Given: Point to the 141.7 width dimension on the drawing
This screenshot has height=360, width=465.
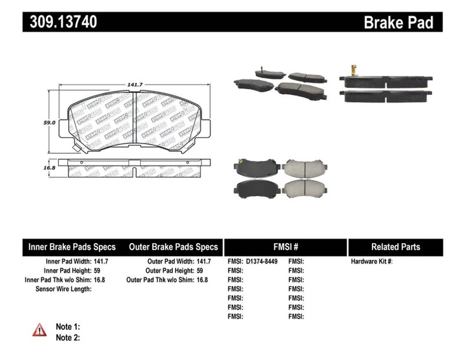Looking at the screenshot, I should [x=134, y=83].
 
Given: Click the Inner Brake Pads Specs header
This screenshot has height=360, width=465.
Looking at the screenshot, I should [x=72, y=247].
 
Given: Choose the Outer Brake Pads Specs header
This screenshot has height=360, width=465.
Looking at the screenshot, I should [x=174, y=247].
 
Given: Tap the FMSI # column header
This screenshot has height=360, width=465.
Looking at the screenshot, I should [x=285, y=247].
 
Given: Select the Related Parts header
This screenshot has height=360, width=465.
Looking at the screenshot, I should [x=395, y=247].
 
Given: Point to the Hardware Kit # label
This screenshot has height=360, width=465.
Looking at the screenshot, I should [x=372, y=261].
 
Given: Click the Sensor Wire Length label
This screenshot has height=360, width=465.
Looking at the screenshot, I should [x=63, y=289].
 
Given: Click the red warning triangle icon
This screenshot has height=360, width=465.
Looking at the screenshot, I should [x=40, y=330].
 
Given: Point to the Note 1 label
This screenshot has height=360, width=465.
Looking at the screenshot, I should [x=68, y=327].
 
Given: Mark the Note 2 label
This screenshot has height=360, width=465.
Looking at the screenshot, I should [x=68, y=337].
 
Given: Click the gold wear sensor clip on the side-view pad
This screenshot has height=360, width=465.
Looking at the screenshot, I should [x=354, y=70].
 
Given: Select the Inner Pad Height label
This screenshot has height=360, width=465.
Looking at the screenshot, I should [x=63, y=270].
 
